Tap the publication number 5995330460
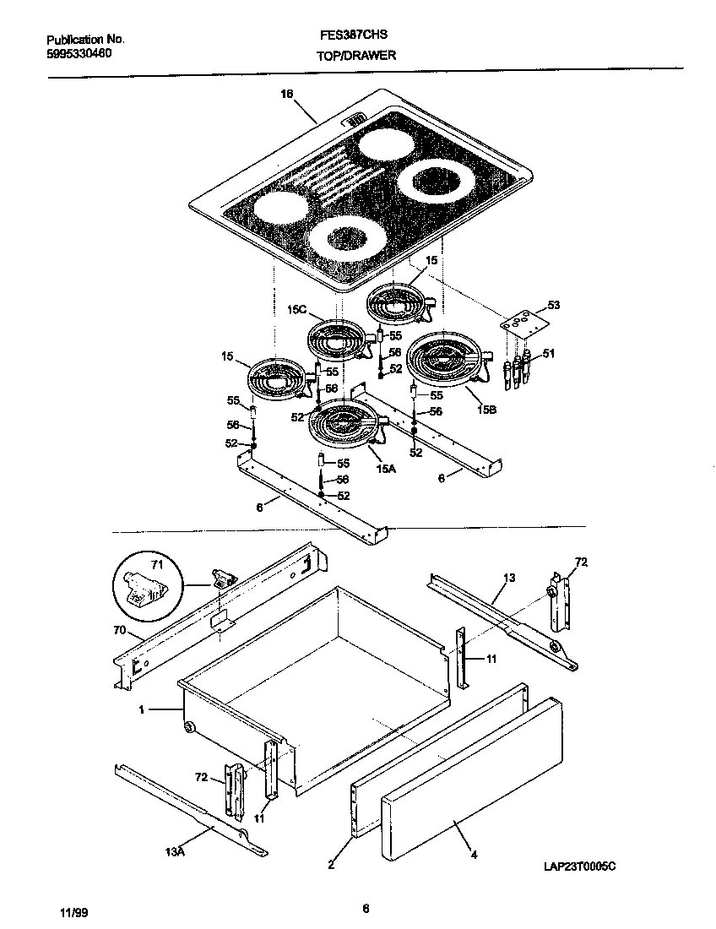click(x=79, y=53)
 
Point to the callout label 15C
click(x=296, y=310)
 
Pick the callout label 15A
click(x=386, y=468)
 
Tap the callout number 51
click(x=548, y=353)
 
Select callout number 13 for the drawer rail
click(x=508, y=578)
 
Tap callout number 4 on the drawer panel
click(x=474, y=855)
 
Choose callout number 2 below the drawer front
click(x=331, y=864)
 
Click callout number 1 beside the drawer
click(x=143, y=710)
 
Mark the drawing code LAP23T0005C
click(x=581, y=866)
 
